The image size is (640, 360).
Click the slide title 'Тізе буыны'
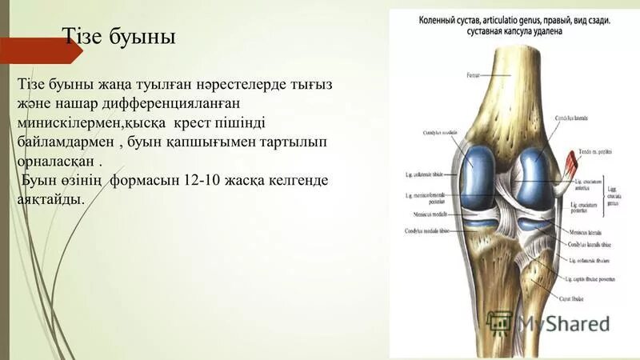click(119, 37)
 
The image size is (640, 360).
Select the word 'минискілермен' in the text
click(71, 123)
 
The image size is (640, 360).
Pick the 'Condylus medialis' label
click(438, 134)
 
